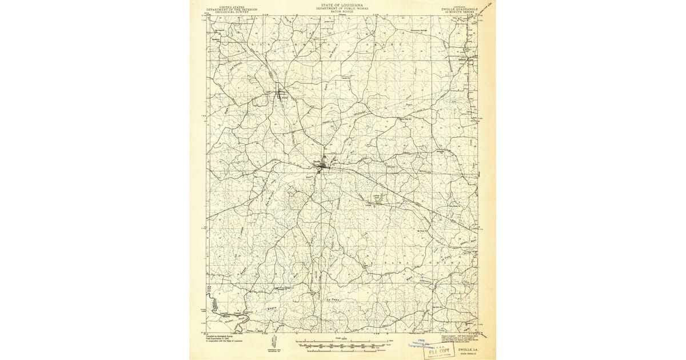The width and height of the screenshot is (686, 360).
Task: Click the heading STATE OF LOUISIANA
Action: [x=342, y=4]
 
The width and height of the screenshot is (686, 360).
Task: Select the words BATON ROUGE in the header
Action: [x=342, y=13]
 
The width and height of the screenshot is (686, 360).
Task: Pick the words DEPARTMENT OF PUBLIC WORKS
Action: [x=342, y=9]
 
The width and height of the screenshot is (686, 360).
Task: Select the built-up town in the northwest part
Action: [x=280, y=92]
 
